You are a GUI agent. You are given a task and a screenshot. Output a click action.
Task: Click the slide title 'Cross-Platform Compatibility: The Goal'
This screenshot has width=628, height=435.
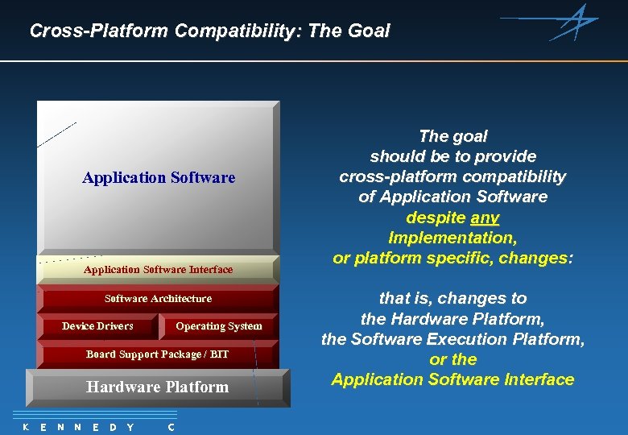tap(209, 31)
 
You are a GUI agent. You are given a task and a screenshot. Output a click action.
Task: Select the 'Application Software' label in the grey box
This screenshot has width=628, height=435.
tap(159, 177)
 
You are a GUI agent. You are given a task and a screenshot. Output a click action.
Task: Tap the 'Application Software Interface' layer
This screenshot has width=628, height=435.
tap(158, 270)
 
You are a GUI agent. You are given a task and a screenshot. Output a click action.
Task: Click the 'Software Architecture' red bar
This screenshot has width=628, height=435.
tap(158, 299)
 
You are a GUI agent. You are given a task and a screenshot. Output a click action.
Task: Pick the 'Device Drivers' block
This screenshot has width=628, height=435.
tap(97, 326)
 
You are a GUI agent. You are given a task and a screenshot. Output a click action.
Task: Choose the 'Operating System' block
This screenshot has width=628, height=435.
tap(219, 326)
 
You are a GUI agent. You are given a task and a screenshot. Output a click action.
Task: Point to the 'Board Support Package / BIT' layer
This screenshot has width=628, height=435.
tap(158, 354)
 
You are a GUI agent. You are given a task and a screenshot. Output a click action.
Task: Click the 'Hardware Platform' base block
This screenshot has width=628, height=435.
tap(158, 387)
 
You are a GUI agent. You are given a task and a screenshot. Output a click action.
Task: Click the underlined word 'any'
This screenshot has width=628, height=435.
tap(485, 217)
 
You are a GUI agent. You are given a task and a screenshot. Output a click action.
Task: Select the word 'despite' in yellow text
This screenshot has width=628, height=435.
tap(436, 217)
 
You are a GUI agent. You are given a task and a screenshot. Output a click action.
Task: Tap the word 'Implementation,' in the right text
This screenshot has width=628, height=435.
tap(452, 238)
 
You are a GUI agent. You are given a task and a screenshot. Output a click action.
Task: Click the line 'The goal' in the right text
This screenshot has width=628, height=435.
tap(452, 136)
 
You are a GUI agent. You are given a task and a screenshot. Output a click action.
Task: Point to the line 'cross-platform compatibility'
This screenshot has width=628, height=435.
tap(452, 176)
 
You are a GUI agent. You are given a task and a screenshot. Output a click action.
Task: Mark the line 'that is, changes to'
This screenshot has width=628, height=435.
tap(452, 298)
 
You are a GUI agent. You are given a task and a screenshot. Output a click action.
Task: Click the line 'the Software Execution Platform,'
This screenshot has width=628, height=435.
tap(452, 339)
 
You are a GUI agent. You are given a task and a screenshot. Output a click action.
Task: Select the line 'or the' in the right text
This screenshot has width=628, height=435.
tap(452, 359)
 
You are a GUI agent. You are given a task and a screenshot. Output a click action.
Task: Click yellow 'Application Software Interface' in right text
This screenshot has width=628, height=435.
tap(452, 379)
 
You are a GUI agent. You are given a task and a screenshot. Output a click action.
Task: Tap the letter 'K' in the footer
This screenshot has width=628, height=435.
tap(26, 427)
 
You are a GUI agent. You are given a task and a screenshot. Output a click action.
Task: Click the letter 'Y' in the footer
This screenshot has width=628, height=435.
tap(130, 427)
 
